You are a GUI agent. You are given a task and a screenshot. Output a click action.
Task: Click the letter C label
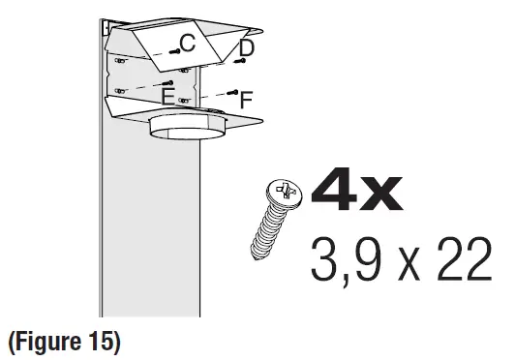188,43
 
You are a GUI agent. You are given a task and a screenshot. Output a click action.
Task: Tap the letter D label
247,47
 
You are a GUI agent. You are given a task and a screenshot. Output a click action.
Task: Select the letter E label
168,98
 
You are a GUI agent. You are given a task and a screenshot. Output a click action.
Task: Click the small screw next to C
172,48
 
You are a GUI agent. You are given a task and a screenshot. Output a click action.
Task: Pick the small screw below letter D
240,61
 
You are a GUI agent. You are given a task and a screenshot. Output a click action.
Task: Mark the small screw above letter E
170,84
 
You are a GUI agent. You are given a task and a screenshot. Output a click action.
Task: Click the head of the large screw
285,195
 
